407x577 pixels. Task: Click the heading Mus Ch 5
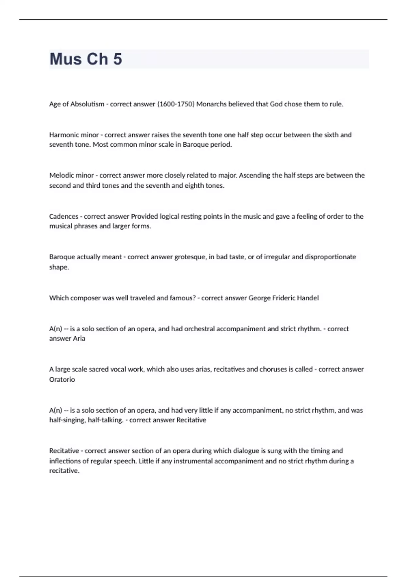click(x=86, y=59)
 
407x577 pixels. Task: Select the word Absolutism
click(x=87, y=104)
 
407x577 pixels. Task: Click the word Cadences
click(x=63, y=216)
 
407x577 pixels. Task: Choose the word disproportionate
click(x=330, y=257)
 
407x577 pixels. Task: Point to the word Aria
click(x=79, y=338)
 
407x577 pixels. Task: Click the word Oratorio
click(x=62, y=379)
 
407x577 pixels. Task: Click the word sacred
click(x=98, y=369)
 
